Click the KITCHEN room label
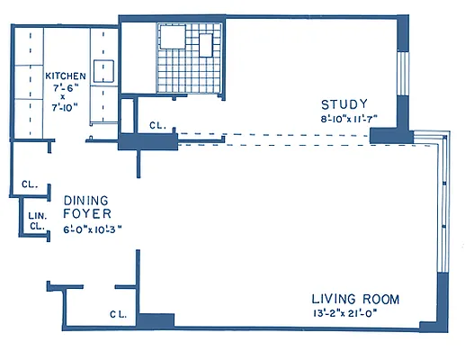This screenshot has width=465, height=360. [66, 76]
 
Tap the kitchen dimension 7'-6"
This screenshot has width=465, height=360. [66, 88]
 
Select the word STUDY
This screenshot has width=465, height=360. [344, 104]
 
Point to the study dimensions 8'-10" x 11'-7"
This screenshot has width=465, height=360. [349, 119]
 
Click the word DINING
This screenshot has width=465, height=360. [86, 201]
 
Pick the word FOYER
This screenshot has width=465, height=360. [87, 213]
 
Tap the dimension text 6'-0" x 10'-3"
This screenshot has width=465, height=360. [93, 229]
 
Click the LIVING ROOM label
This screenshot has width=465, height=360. [355, 299]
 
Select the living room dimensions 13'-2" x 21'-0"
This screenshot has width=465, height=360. [344, 313]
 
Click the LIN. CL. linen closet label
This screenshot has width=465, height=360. [38, 220]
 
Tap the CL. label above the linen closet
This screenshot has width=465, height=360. [30, 184]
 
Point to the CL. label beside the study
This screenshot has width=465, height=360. [157, 125]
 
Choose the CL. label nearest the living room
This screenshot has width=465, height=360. [119, 314]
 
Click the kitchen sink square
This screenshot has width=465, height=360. [103, 71]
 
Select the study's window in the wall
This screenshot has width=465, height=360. [403, 74]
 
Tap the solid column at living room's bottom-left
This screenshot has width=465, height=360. [156, 320]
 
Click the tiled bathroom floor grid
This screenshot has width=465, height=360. [190, 58]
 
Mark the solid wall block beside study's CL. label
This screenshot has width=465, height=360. [148, 141]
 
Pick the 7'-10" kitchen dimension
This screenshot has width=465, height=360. [66, 107]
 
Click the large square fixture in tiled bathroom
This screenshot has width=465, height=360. [173, 37]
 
